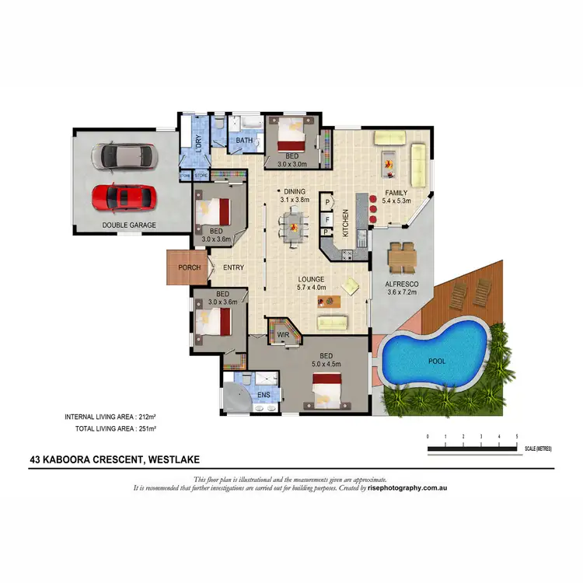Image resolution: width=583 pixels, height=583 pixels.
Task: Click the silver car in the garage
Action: (x=124, y=156)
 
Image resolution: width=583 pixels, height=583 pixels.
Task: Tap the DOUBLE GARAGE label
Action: (x=129, y=225)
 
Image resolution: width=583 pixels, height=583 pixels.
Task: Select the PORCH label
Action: (x=189, y=267)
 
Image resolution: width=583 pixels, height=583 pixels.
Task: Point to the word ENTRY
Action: (x=233, y=267)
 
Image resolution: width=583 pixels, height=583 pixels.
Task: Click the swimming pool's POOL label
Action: (x=438, y=361)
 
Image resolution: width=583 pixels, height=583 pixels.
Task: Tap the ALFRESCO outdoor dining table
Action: (x=402, y=256)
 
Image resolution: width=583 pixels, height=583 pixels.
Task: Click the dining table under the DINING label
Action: (x=294, y=226)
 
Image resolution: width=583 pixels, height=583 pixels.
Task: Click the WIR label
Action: (x=283, y=335)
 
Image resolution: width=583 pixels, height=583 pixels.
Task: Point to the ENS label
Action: (x=264, y=395)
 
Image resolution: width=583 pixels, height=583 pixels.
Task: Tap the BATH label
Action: (x=244, y=141)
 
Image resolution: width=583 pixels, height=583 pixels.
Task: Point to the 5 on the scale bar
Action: (x=517, y=437)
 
